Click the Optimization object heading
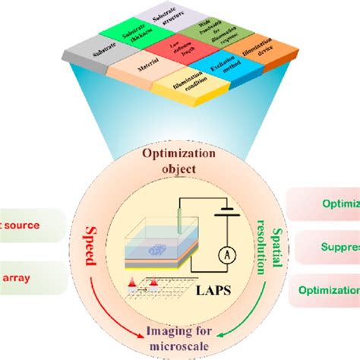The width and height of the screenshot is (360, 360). tap(179, 162)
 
